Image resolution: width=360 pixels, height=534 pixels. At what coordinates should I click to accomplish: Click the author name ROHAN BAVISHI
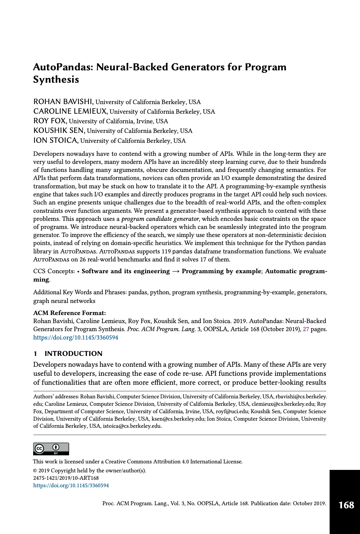point(63,102)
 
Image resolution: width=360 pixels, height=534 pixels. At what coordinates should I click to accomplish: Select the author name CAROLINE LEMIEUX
point(70,111)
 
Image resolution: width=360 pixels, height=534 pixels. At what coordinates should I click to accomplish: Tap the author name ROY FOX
point(50,121)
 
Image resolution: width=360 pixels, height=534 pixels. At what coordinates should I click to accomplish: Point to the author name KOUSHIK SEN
point(59,131)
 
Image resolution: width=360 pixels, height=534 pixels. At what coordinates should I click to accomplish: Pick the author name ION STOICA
point(55,140)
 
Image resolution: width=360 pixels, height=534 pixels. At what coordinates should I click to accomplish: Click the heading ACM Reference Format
point(69,313)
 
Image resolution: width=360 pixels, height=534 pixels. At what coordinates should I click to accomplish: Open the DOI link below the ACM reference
point(76,337)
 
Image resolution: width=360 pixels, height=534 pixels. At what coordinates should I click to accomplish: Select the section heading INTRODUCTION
point(73,354)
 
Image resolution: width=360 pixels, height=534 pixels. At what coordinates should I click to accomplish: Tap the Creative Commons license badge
point(51,449)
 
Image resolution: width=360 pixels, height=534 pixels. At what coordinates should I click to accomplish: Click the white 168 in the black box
point(346,505)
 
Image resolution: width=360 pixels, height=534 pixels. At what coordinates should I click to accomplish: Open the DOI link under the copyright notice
point(71,485)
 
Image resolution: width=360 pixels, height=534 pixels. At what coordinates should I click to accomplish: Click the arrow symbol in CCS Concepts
point(176,271)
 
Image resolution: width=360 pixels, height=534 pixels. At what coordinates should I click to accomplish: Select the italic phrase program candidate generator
point(160,219)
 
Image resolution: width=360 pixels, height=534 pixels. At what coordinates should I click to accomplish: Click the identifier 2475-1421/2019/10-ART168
point(66,478)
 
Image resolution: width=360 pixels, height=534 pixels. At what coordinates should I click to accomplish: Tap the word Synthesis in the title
point(56,80)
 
